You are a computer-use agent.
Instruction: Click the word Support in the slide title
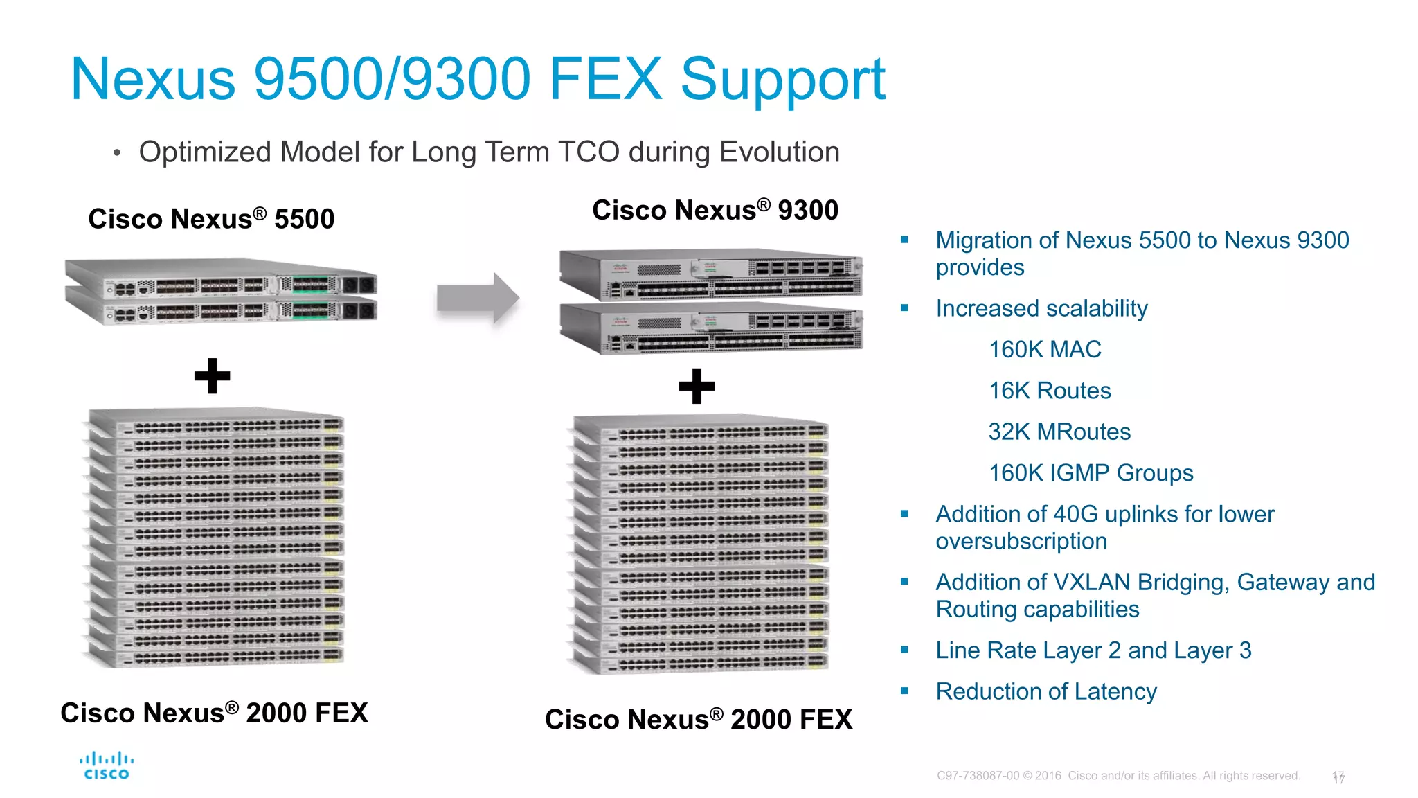(x=782, y=80)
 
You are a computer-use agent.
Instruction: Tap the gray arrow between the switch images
(x=478, y=299)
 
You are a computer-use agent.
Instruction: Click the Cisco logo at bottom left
(x=107, y=766)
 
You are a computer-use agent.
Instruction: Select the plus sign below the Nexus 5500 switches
(x=212, y=376)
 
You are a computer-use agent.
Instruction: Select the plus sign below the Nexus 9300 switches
(x=697, y=386)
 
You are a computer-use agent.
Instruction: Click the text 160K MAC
(x=1044, y=350)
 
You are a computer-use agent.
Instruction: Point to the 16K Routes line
(x=1049, y=391)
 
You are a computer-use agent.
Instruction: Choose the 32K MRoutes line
(x=1059, y=432)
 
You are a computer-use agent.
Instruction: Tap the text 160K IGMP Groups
(x=1091, y=473)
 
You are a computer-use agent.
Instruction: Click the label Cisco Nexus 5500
(x=211, y=219)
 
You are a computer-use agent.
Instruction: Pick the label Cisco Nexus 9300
(x=715, y=210)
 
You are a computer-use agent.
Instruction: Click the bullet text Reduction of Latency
(x=1045, y=691)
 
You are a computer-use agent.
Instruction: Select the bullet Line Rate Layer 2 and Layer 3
(x=1093, y=650)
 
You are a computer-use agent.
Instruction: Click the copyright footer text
(x=1118, y=776)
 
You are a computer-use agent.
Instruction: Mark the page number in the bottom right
(x=1338, y=777)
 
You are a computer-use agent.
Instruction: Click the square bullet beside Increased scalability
(x=904, y=308)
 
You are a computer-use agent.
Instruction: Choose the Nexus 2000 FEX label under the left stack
(x=214, y=713)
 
